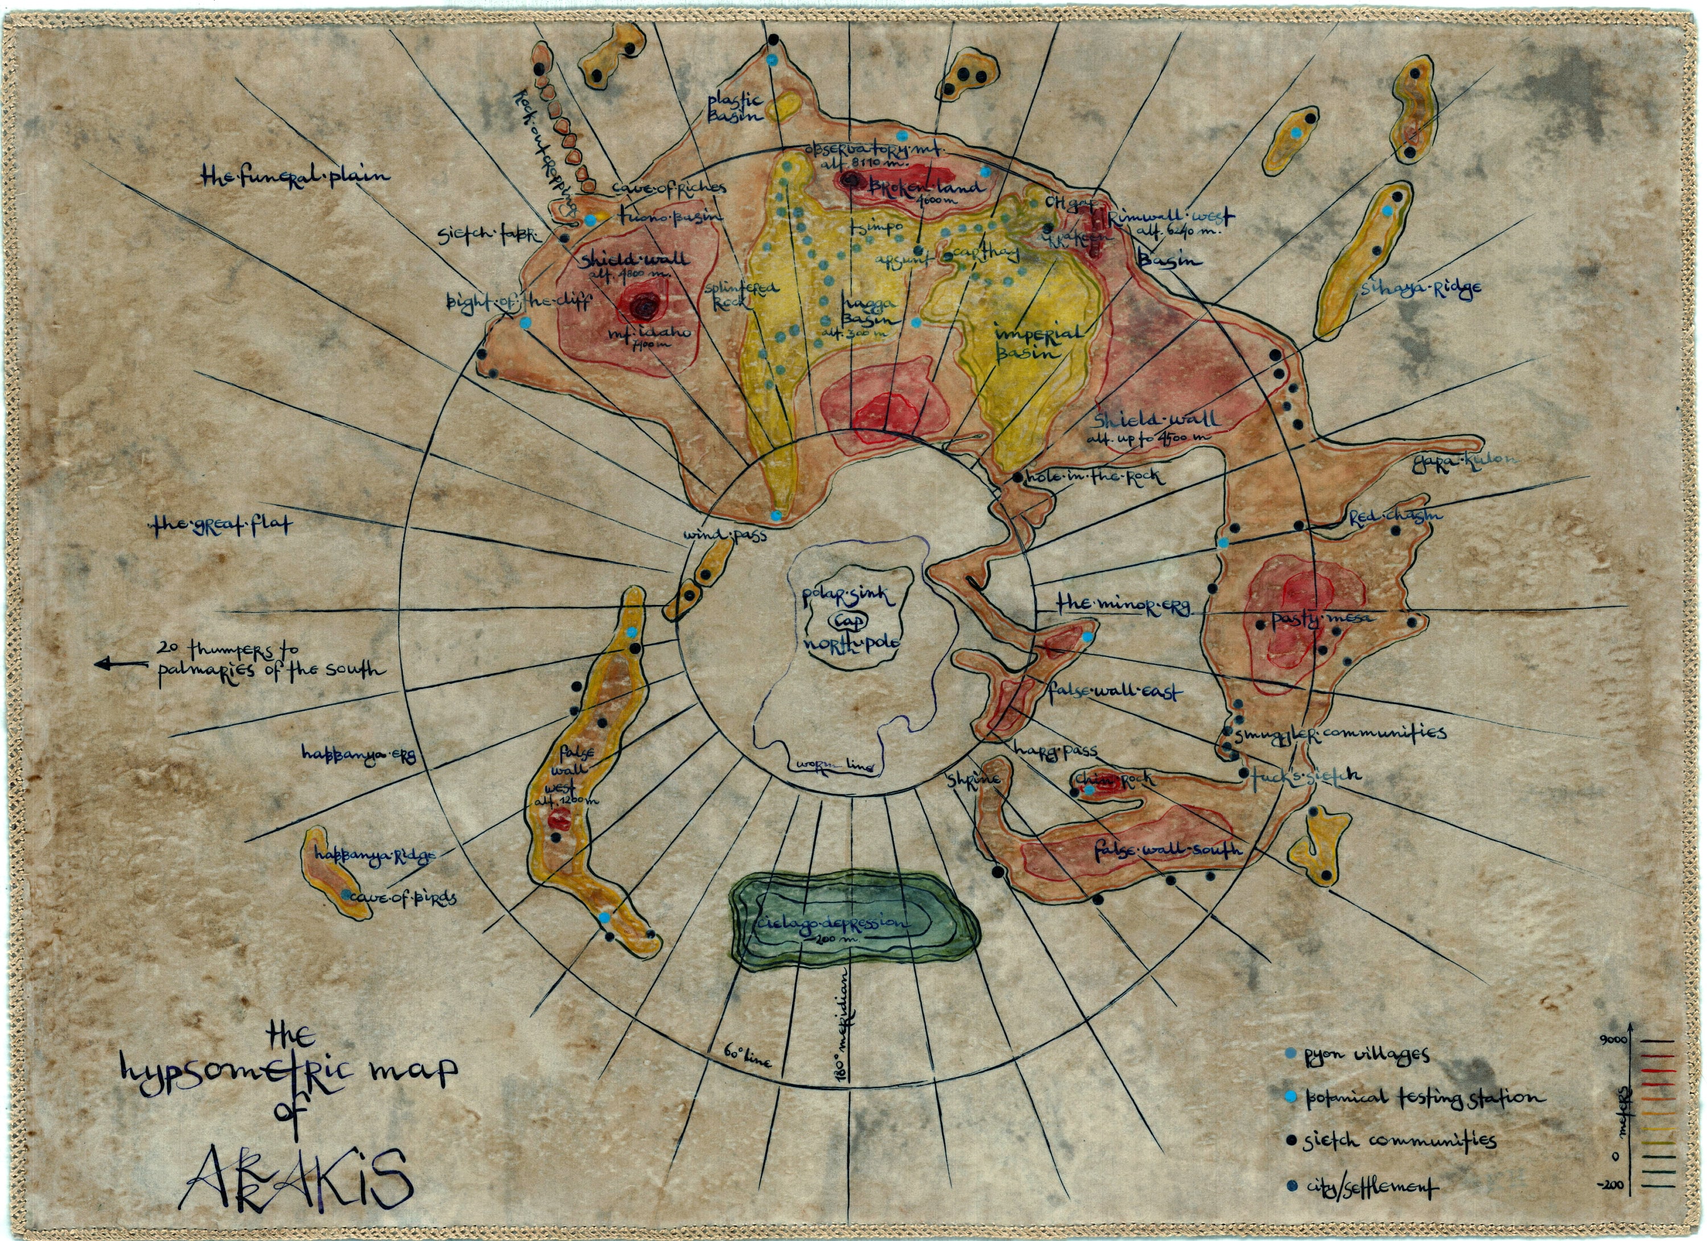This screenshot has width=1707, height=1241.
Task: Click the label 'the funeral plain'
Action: [x=296, y=176]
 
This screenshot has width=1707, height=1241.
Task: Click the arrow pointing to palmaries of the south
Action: [x=121, y=664]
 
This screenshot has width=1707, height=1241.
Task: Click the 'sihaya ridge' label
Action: [x=1420, y=287]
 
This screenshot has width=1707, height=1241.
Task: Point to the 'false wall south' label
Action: [x=1166, y=850]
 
